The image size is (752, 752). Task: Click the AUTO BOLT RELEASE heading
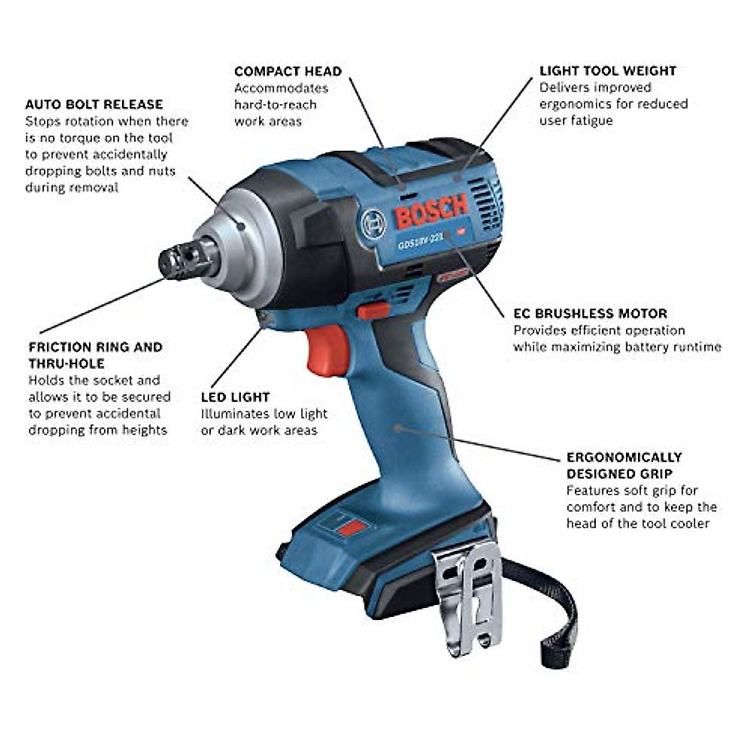[x=94, y=104]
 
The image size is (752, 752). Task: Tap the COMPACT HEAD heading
[x=288, y=71]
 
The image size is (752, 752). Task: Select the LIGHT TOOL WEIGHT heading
[x=608, y=71]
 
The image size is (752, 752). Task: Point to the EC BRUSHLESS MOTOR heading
[x=590, y=313]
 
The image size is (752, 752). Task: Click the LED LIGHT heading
[x=235, y=397]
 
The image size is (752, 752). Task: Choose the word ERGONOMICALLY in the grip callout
[x=624, y=457]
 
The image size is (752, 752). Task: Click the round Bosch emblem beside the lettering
[x=373, y=222]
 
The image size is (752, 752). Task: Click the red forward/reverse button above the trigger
[x=373, y=310]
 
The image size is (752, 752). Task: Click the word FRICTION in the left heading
[x=60, y=347]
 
